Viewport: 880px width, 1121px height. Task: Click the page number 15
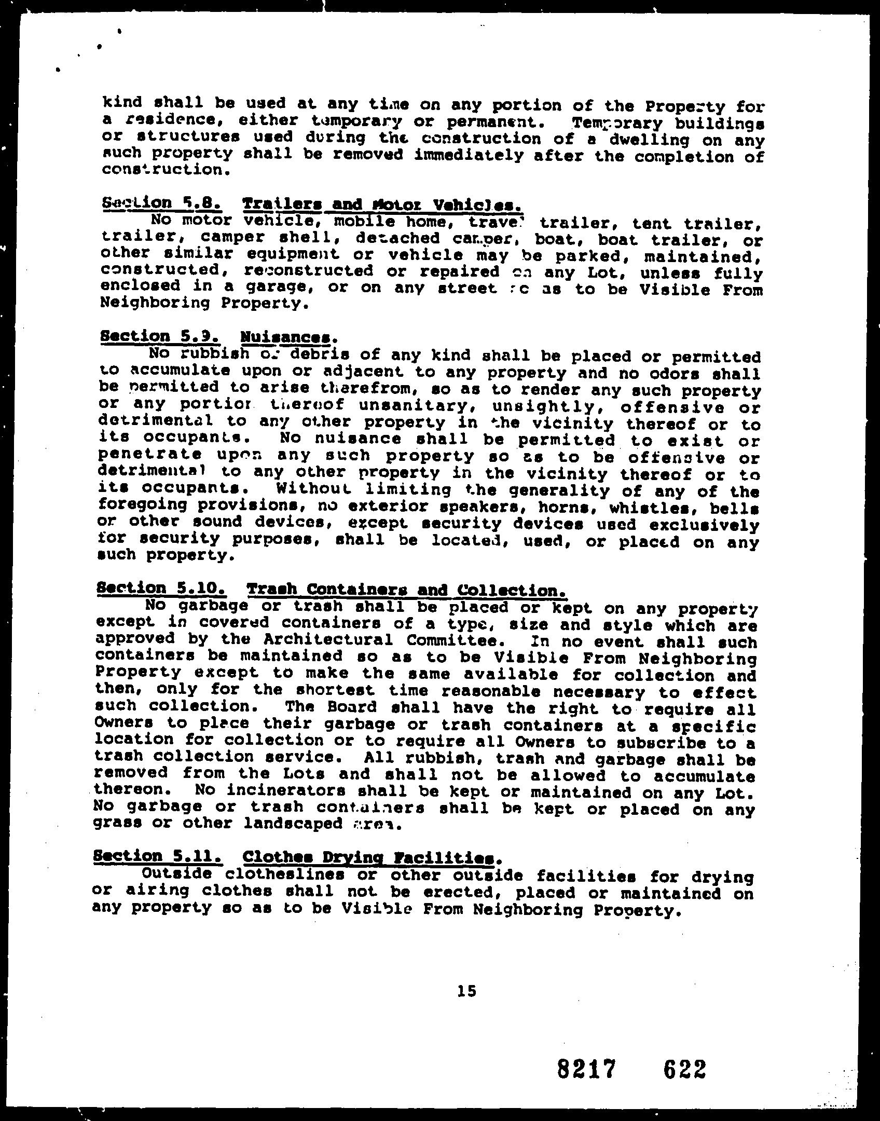466,991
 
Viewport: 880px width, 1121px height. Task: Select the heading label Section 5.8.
162,203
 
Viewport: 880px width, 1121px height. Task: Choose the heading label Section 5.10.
161,589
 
